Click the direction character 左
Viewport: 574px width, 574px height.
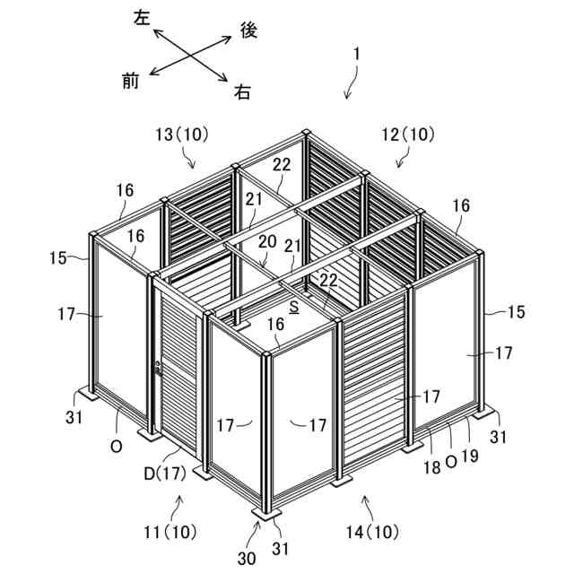tap(142, 17)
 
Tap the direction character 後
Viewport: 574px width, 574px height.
tap(249, 30)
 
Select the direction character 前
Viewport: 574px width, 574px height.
tap(130, 82)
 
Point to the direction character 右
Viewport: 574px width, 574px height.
tap(242, 91)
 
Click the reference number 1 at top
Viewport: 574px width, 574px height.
tap(356, 54)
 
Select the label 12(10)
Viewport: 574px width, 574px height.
tap(407, 135)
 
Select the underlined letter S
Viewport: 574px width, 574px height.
tap(294, 307)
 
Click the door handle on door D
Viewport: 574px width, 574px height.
tap(159, 368)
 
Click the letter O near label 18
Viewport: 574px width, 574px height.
tap(451, 458)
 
